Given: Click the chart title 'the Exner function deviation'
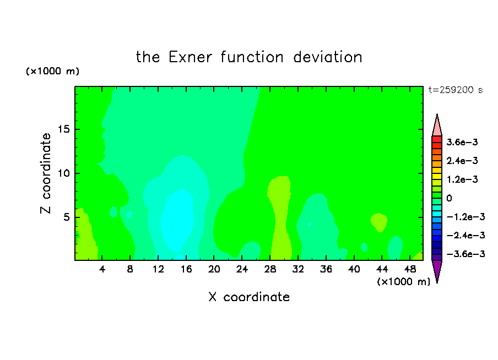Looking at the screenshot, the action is click(249, 57).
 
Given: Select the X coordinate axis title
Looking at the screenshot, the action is click(249, 297).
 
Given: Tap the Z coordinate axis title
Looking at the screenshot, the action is click(46, 173).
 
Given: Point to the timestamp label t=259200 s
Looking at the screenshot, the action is click(456, 90).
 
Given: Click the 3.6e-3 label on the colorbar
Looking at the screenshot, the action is click(462, 142).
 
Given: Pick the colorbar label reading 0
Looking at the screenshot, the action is click(449, 198).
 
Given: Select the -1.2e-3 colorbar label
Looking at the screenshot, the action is click(465, 217).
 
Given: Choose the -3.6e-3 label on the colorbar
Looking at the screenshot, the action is click(465, 254).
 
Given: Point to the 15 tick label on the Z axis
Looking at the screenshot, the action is click(63, 129).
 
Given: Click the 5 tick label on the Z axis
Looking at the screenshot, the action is click(66, 217).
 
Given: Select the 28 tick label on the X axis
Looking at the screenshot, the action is click(270, 269).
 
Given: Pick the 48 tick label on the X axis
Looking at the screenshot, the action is click(410, 269).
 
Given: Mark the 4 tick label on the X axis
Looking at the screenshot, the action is click(102, 269).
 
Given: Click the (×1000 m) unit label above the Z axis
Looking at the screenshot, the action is click(52, 71).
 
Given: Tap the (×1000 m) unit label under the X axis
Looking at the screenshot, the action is click(403, 282).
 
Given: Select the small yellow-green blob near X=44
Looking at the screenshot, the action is click(379, 222).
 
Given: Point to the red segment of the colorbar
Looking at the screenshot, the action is click(437, 139).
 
